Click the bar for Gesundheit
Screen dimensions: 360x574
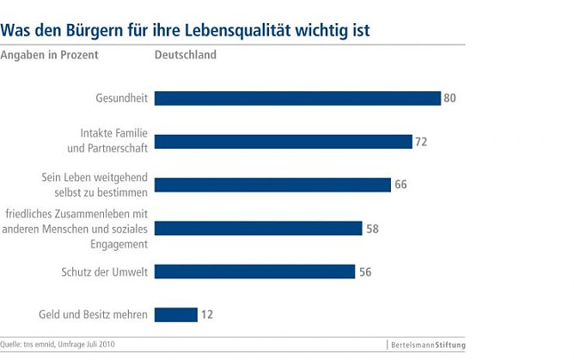tap(297, 98)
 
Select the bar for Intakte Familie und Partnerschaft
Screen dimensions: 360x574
tap(283, 142)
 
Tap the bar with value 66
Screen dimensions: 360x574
tap(272, 185)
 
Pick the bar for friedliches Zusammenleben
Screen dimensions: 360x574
tap(258, 229)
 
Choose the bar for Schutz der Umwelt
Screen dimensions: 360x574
tap(254, 272)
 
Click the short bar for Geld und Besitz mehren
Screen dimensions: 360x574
tap(176, 314)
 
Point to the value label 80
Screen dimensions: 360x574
tap(449, 98)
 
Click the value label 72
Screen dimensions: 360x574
tap(421, 142)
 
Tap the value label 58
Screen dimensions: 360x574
tap(372, 229)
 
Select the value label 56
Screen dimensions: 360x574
tap(365, 272)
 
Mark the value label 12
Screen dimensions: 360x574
tap(207, 314)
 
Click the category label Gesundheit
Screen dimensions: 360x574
tap(122, 98)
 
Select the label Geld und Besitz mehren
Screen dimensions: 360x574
tap(94, 314)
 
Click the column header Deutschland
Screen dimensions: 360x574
tap(185, 56)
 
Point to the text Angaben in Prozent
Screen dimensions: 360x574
tap(50, 56)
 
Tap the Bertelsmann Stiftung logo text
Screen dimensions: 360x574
tap(426, 345)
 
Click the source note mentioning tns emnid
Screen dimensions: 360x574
tap(58, 345)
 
